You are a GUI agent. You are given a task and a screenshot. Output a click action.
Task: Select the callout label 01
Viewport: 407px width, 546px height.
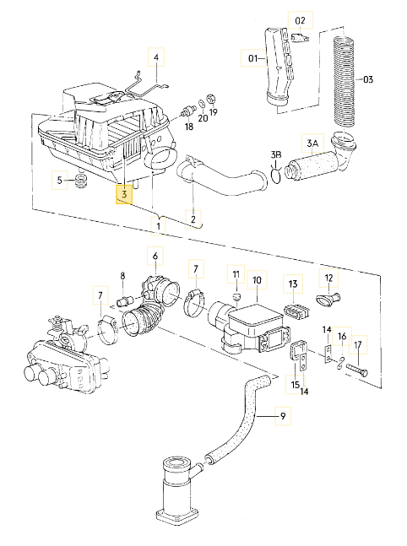pyautogui.click(x=252, y=59)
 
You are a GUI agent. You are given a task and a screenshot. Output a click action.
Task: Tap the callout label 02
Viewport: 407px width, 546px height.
pyautogui.click(x=300, y=19)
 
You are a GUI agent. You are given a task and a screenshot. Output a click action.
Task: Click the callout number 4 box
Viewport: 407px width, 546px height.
pyautogui.click(x=155, y=58)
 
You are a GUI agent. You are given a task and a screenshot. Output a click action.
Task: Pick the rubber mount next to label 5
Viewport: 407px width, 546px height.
pyautogui.click(x=82, y=181)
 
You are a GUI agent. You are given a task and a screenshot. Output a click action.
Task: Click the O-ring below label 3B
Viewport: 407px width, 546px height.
pyautogui.click(x=275, y=176)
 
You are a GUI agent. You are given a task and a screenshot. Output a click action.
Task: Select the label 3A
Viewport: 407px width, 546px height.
pyautogui.click(x=312, y=144)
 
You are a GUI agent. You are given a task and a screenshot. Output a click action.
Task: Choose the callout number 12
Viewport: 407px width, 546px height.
pyautogui.click(x=329, y=278)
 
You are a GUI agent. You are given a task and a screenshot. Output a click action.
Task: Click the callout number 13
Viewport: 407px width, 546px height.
pyautogui.click(x=293, y=284)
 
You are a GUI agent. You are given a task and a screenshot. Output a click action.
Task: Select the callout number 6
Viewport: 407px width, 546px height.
pyautogui.click(x=155, y=254)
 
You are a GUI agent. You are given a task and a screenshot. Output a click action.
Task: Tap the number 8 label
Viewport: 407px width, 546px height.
pyautogui.click(x=122, y=276)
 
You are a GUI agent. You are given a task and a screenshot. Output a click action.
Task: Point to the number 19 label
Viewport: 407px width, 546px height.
pyautogui.click(x=213, y=112)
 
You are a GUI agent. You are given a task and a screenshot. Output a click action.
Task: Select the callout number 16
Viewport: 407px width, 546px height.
pyautogui.click(x=343, y=337)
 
